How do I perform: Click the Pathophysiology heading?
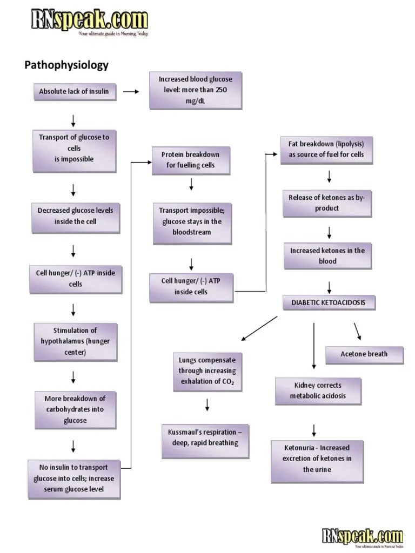tap(66, 65)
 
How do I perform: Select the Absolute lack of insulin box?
tap(74, 92)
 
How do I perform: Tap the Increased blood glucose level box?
tap(195, 90)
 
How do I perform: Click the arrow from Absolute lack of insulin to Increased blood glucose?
tap(131, 92)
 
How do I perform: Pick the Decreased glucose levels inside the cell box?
tap(75, 216)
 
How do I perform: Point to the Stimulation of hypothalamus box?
tap(75, 342)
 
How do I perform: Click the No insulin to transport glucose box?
tap(74, 478)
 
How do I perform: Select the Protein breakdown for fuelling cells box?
tap(190, 160)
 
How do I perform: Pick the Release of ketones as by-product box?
tap(327, 203)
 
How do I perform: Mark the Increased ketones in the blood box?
tap(327, 256)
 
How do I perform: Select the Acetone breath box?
tap(364, 355)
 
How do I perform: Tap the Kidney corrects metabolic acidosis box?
tap(319, 391)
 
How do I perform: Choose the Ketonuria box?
tap(317, 459)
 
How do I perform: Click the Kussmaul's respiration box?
tap(205, 438)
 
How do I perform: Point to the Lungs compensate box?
tap(207, 372)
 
